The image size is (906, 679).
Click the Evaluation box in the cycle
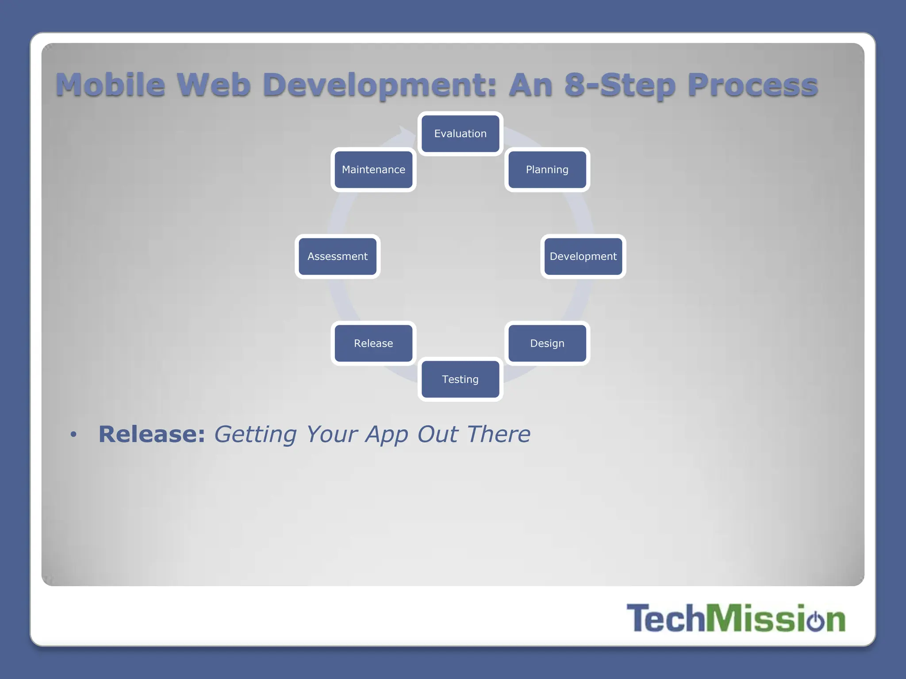[460, 134]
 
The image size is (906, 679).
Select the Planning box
[547, 170]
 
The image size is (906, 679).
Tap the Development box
[583, 256]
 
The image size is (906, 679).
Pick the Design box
[547, 343]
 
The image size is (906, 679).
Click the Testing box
[460, 379]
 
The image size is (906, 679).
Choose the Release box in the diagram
[373, 343]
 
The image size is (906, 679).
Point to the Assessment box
[338, 256]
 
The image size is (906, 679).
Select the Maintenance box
[373, 170]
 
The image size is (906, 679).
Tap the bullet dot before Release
[73, 435]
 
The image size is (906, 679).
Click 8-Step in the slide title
[619, 85]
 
